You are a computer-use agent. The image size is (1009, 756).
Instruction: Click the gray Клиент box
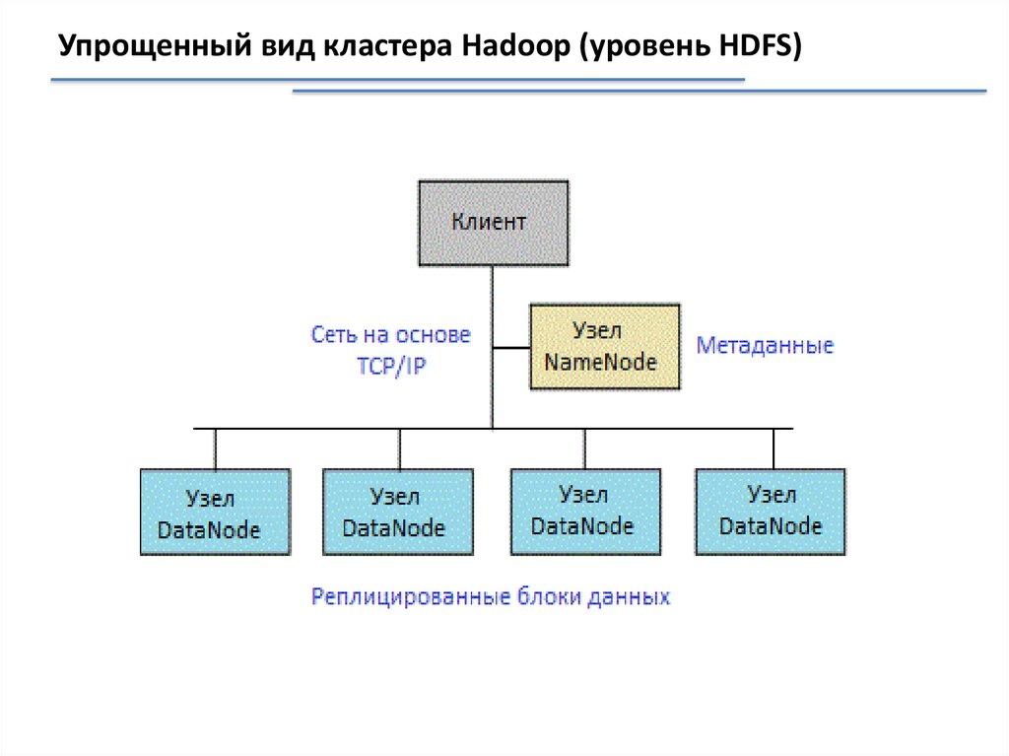(493, 223)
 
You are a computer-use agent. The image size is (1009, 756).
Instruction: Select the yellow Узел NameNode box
(604, 346)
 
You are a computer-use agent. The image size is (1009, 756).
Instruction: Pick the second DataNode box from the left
(397, 511)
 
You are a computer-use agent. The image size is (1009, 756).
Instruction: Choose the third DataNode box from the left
(584, 511)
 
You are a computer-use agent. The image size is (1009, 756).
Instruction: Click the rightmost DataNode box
(770, 511)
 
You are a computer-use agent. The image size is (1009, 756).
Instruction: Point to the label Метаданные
(765, 346)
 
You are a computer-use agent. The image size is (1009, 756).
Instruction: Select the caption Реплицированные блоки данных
(491, 597)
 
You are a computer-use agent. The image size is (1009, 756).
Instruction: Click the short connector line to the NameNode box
(511, 347)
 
